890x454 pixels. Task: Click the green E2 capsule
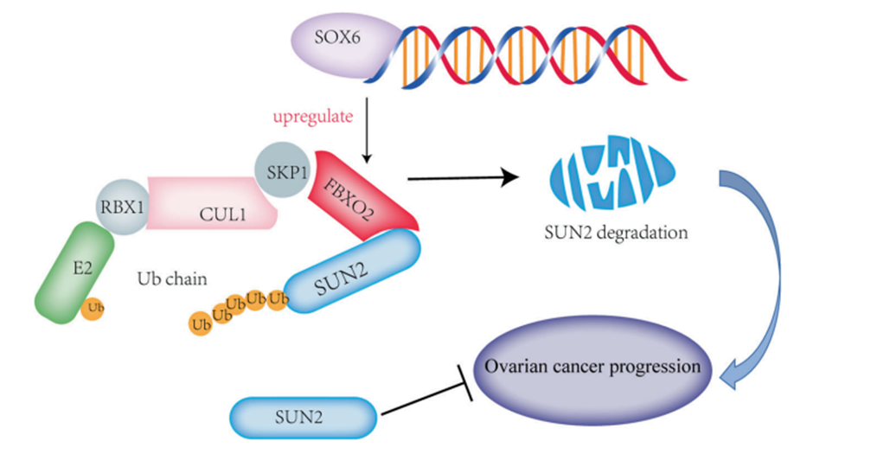[x=73, y=271]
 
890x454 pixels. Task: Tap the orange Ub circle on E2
[x=94, y=307]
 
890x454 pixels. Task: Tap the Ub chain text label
[x=170, y=279]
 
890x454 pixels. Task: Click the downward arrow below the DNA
[x=368, y=130]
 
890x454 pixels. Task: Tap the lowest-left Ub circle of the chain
[x=202, y=324]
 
